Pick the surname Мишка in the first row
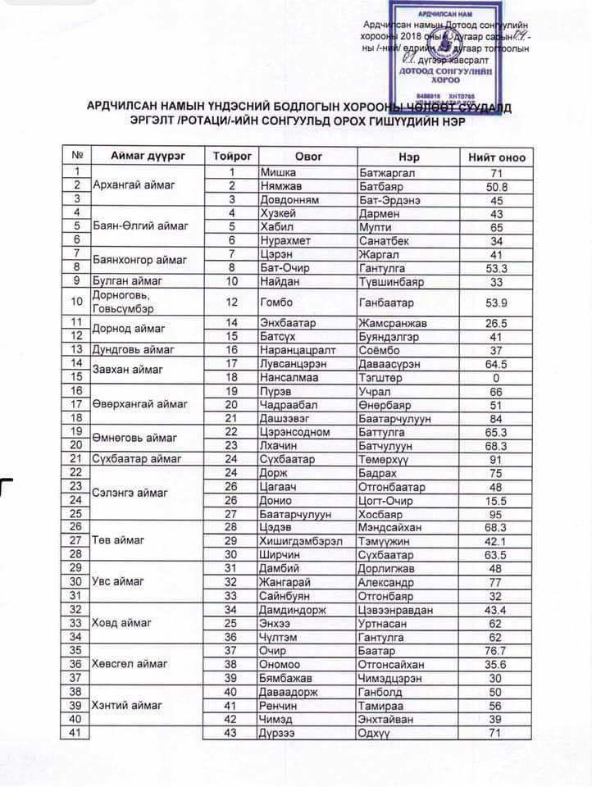[x=276, y=172]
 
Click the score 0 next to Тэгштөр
[x=495, y=376]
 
